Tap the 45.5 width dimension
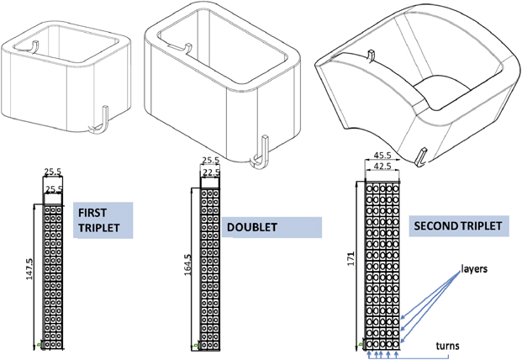tap(382, 156)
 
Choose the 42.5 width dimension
tap(382, 167)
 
